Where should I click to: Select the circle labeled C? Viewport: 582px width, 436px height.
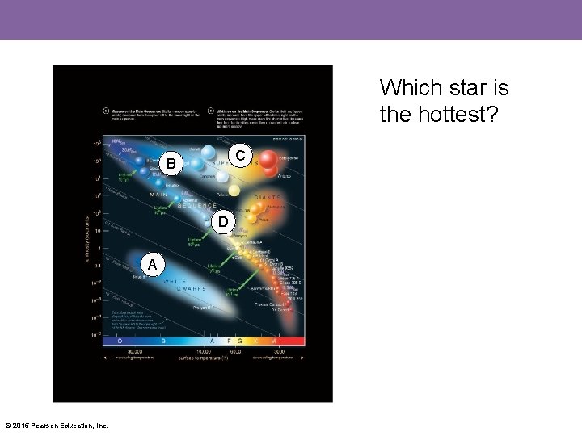pyautogui.click(x=241, y=154)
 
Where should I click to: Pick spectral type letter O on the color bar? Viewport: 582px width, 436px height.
pyautogui.click(x=119, y=342)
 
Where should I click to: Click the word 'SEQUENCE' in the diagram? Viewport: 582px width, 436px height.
pyautogui.click(x=193, y=206)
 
